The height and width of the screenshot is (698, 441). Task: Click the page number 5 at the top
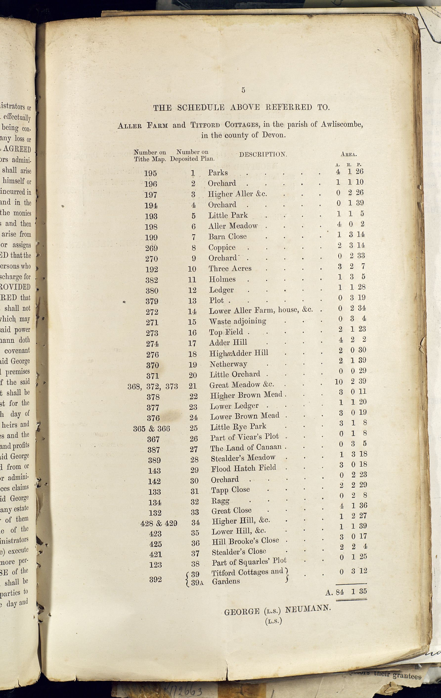(243, 90)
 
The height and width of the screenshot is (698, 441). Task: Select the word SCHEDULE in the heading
(200, 108)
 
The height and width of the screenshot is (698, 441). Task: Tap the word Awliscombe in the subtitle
(341, 124)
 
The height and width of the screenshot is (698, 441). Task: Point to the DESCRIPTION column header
(263, 155)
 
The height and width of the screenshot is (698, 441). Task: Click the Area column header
(349, 155)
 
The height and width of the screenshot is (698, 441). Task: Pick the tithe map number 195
(151, 173)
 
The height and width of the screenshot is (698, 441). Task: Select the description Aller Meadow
(233, 226)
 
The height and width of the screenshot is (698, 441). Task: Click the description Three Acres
(230, 268)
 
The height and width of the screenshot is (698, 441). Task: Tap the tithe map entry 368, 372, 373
(153, 386)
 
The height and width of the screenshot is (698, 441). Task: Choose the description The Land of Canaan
(246, 448)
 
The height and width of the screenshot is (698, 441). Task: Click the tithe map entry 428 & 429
(158, 523)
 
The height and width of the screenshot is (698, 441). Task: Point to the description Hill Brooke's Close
(245, 541)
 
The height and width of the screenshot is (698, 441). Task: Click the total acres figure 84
(340, 592)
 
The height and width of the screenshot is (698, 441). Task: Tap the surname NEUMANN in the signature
(308, 609)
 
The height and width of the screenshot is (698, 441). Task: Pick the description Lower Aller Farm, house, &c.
(261, 310)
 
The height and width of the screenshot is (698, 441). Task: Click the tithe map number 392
(155, 579)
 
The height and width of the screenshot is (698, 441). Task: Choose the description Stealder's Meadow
(243, 458)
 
